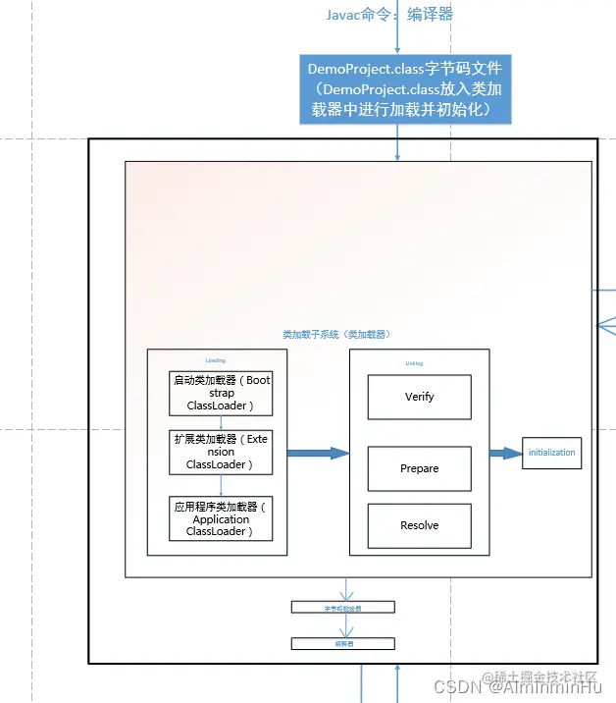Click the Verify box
point(419,398)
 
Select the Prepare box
point(419,468)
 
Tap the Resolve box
point(419,525)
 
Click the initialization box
point(551,453)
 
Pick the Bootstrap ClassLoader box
point(222,393)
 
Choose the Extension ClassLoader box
point(222,452)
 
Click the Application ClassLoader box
point(222,519)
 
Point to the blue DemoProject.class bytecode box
point(405,89)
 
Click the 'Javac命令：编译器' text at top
point(389,15)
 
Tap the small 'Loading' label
point(216,360)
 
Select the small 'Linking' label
point(415,363)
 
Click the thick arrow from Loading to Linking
point(318,453)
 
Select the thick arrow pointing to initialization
point(506,453)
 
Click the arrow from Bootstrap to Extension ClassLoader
point(222,422)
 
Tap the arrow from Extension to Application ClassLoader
point(222,484)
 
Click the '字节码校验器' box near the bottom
point(342,608)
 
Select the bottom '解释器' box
point(342,644)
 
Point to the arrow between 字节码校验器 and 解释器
point(343,625)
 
